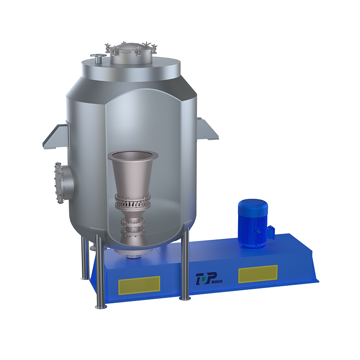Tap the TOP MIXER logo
pos(209,279)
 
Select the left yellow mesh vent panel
pos(139,285)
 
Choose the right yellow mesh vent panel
pos(258,274)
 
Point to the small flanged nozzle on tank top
pos(98,58)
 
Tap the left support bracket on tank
pos(56,136)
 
